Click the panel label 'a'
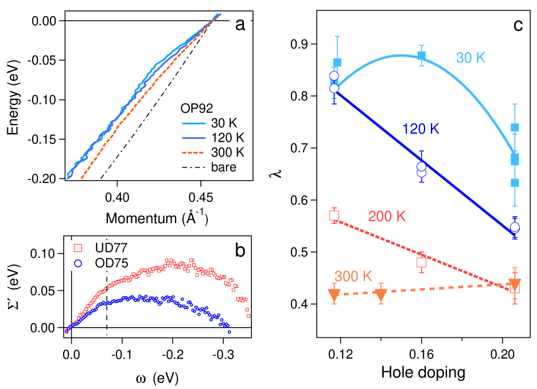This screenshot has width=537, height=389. coord(240,24)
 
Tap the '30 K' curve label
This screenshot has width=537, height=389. coord(470,57)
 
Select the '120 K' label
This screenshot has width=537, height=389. coord(421,129)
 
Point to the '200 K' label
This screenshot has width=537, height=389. coord(387,216)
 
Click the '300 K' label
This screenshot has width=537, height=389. coord(353,276)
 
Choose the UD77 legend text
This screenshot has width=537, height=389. coord(111,248)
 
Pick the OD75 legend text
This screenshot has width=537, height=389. coord(111,263)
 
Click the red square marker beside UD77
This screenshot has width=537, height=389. coord(79,248)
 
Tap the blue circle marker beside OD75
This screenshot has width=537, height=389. coord(79,263)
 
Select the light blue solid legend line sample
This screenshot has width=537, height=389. coord(193,123)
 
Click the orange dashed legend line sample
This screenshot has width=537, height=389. coord(193,153)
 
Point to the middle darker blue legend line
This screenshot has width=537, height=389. coord(193,138)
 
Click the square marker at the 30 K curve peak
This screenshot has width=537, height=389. coord(422,56)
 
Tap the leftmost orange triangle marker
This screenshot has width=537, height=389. coord(334,295)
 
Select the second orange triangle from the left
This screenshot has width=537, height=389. coord(381,295)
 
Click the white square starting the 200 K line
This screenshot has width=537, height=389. coord(334,216)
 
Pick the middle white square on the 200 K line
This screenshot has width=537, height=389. coord(422,262)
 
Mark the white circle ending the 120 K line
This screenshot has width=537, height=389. coord(515,227)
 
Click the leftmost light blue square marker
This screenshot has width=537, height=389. coord(337,62)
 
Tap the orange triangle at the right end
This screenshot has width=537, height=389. coord(515,285)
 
